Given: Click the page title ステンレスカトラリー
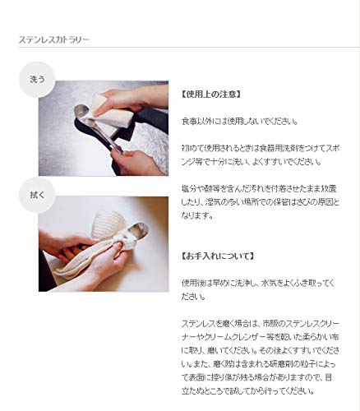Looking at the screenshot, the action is click(x=54, y=39).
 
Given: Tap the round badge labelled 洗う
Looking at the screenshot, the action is click(x=37, y=80).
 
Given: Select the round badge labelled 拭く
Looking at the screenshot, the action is click(x=37, y=195).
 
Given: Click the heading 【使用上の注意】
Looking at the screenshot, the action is click(x=211, y=95).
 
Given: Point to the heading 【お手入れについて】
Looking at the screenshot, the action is click(x=218, y=256).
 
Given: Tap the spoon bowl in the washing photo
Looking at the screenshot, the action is click(x=81, y=112).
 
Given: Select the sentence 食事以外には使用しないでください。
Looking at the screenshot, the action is click(x=240, y=121).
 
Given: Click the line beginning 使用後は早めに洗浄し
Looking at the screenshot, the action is click(x=258, y=283).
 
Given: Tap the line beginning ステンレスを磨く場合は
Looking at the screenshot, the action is click(x=261, y=324).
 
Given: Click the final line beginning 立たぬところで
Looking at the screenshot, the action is click(x=248, y=391).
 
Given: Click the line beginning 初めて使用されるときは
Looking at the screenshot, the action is click(x=261, y=148).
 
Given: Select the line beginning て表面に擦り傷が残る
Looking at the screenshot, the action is click(x=256, y=377).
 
